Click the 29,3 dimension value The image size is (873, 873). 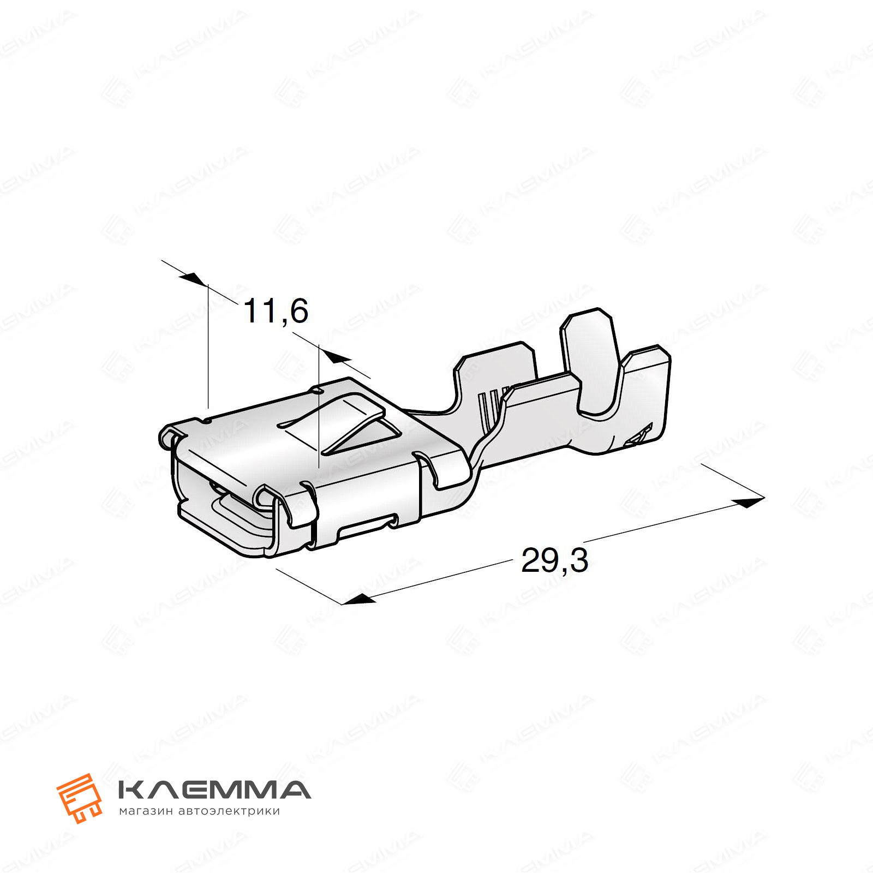[555, 560]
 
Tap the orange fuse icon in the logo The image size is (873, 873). [80, 797]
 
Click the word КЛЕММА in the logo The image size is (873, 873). [214, 790]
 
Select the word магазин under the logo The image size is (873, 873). [146, 811]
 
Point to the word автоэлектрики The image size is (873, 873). [229, 811]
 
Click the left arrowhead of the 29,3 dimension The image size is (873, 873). [358, 599]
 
